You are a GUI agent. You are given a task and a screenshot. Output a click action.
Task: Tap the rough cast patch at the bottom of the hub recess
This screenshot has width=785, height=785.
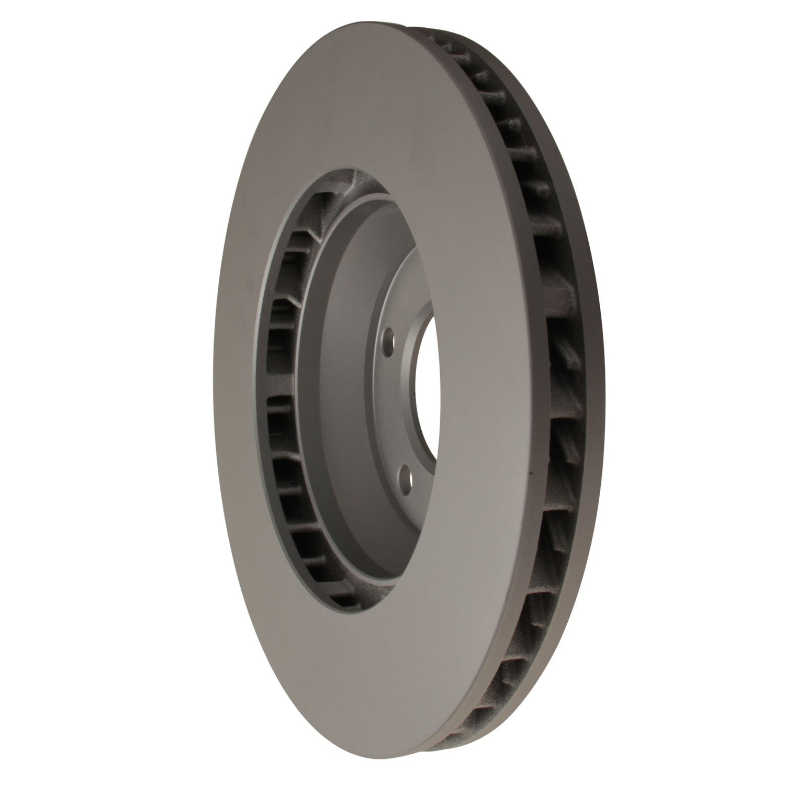pos(335,584)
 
